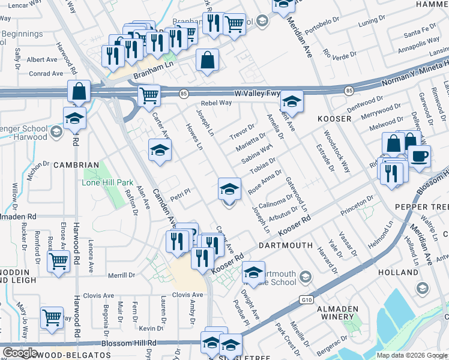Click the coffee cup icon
point(419,155)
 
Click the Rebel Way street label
point(216,103)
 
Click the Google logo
point(20,353)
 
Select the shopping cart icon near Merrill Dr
point(59,261)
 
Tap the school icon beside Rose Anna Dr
point(229,190)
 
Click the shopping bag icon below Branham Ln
point(207,61)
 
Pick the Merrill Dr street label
point(123,275)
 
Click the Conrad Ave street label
point(45,74)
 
